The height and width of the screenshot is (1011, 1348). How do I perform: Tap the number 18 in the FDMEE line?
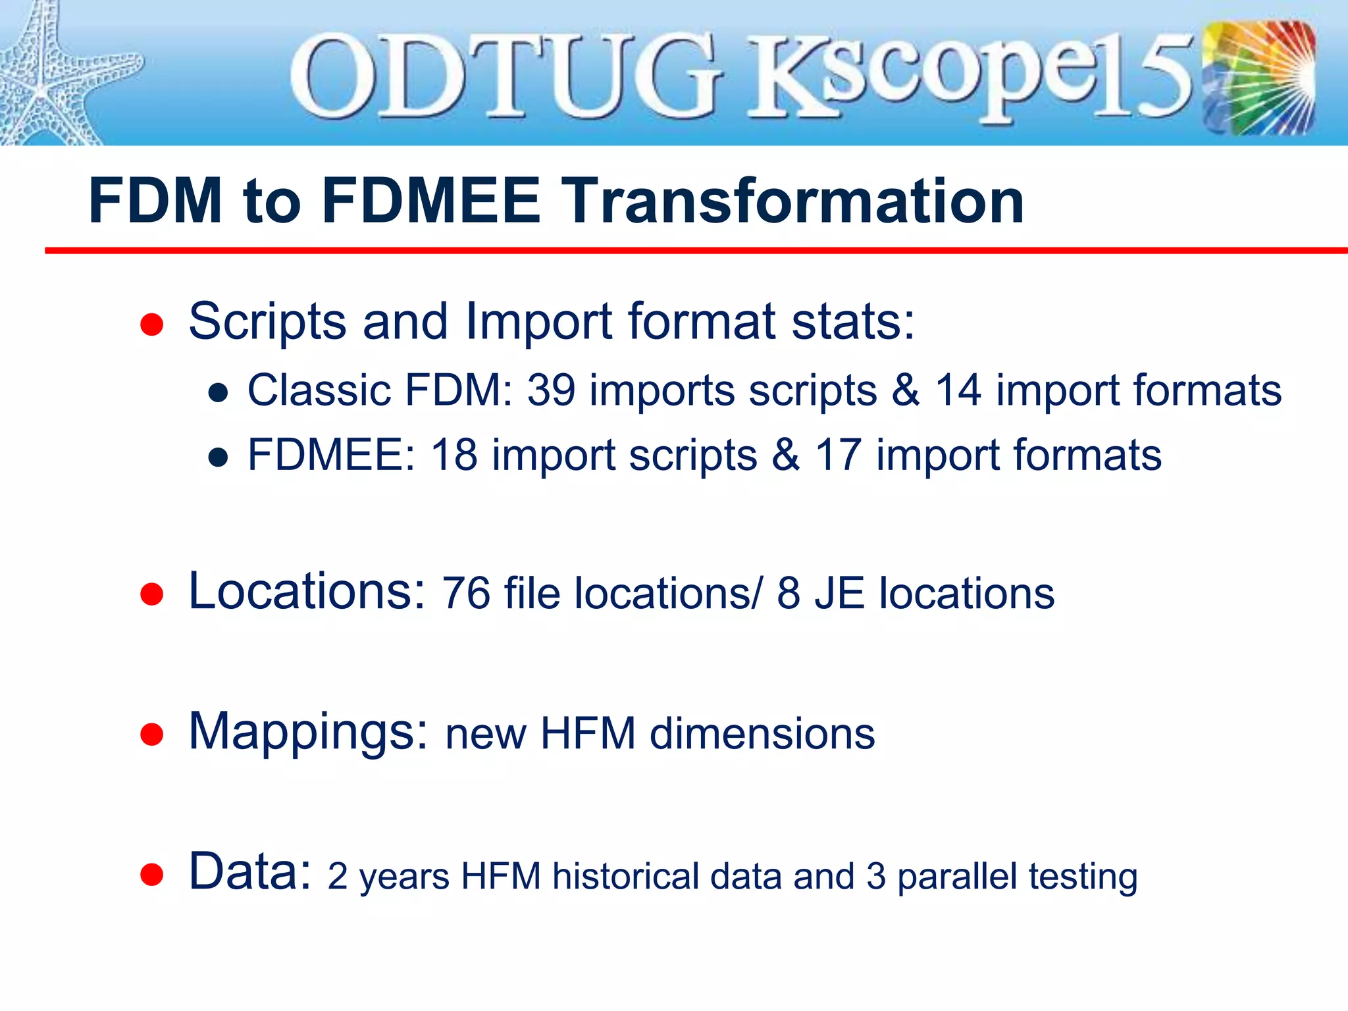pyautogui.click(x=454, y=455)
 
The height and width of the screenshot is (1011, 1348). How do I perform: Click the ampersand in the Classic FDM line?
pyautogui.click(x=906, y=390)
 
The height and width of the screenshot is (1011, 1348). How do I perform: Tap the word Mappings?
pyautogui.click(x=308, y=732)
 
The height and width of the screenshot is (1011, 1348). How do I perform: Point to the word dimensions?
pyautogui.click(x=762, y=734)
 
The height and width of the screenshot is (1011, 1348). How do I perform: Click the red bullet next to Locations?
pyautogui.click(x=152, y=594)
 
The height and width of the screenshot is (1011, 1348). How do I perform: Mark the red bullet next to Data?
pyautogui.click(x=152, y=875)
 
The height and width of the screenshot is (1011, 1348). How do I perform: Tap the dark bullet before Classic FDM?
pyautogui.click(x=218, y=394)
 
